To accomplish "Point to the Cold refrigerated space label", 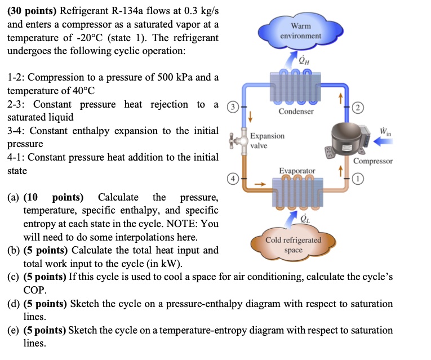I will coord(294,245).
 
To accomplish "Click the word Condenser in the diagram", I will coord(296,112).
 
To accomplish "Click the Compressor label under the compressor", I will coord(373,161).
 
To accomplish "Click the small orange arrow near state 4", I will coord(259,183).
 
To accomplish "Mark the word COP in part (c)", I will coord(33,290).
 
